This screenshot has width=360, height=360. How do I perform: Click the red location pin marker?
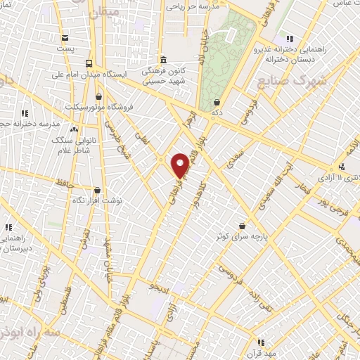coord(180,165)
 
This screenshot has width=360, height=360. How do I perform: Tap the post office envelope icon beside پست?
coord(65,38)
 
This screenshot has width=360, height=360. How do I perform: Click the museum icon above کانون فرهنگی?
coord(163,60)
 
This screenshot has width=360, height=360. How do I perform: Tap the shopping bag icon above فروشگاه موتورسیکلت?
coord(98,96)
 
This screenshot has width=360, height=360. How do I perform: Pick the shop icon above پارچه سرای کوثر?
coord(243,226)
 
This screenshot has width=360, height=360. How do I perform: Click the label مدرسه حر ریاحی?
coord(194,6)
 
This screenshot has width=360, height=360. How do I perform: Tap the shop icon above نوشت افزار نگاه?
coord(96,190)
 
